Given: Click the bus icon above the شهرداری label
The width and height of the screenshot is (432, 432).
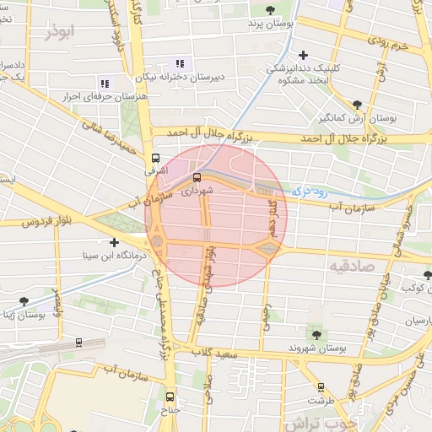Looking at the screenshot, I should click(x=197, y=177).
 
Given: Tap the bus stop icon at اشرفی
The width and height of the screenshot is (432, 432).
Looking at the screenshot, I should click(x=155, y=158).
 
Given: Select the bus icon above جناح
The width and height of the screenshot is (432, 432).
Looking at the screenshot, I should click(x=170, y=397).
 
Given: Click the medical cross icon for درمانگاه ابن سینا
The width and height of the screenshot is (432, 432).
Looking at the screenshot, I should click(x=114, y=242).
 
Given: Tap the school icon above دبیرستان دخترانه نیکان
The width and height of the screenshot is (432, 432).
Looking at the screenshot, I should click(x=179, y=63).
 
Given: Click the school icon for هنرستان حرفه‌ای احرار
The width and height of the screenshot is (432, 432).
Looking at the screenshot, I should click(x=105, y=83).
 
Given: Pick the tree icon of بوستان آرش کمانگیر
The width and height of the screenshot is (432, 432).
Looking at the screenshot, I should click(x=358, y=105).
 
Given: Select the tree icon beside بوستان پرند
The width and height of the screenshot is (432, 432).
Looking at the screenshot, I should click(x=270, y=10).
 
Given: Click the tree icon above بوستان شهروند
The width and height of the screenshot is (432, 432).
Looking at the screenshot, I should click(x=316, y=335).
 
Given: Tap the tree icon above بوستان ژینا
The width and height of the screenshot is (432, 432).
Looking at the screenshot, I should click(x=24, y=301).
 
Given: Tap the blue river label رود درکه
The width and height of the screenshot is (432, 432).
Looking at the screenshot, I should click(x=306, y=192).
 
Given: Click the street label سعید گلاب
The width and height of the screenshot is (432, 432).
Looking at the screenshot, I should click(x=211, y=351).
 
